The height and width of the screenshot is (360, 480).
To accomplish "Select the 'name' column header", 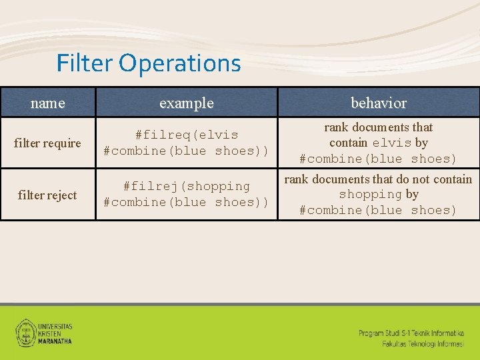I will (x=48, y=103).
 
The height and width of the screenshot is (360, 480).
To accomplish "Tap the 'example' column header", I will (x=187, y=103).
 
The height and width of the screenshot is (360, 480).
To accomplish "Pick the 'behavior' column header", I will (x=379, y=103).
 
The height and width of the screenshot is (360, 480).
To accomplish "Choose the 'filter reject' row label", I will (x=47, y=195).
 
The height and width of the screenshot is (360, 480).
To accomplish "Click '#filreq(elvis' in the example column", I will (x=187, y=135).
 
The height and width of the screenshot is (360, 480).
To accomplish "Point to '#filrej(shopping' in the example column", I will (x=187, y=187).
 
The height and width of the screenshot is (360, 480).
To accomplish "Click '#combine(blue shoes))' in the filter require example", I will (x=187, y=151).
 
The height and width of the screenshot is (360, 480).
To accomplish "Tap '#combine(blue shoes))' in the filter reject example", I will (x=187, y=203).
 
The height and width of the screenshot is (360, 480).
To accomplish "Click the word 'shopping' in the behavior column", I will (x=370, y=195).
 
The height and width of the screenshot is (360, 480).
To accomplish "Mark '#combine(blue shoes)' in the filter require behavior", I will (x=378, y=159).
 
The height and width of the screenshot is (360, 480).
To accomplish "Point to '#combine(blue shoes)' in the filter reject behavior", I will (x=378, y=211).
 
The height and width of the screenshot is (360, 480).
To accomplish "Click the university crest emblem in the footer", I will (x=26, y=331).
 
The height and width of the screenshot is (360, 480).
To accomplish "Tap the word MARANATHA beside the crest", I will (x=55, y=341).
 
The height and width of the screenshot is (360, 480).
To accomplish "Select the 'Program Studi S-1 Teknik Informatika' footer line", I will (x=411, y=333).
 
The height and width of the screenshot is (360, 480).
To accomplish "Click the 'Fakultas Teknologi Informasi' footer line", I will (x=423, y=344).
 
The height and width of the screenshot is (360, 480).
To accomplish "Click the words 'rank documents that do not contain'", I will (x=378, y=179).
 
